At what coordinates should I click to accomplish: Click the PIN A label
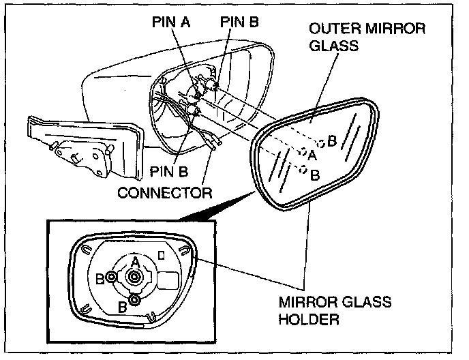point(171,22)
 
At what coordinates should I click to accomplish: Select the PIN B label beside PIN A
point(239,22)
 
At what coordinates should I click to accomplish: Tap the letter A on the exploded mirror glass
point(312,155)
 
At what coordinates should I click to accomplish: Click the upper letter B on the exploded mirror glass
point(331,141)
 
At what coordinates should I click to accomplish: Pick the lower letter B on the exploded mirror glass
point(315,175)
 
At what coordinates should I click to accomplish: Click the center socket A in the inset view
point(134,276)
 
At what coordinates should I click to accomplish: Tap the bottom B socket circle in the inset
point(135,299)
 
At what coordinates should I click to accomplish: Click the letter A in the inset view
point(136,262)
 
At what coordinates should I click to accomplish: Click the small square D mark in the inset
point(161,255)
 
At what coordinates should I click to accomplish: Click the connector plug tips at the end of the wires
point(217,145)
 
